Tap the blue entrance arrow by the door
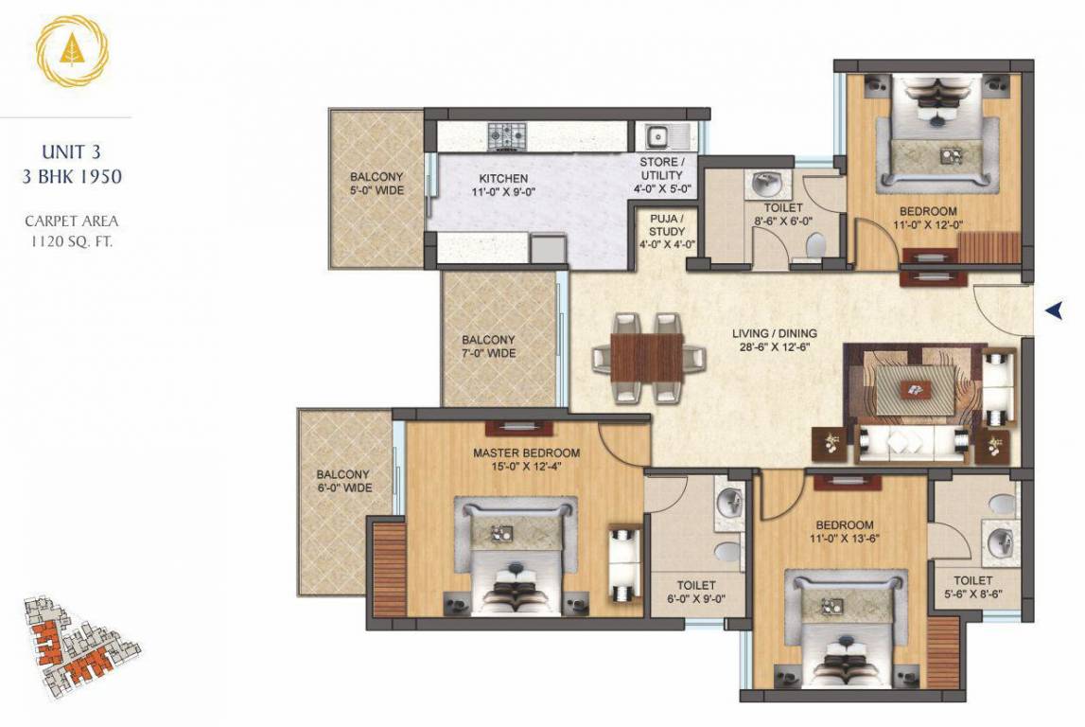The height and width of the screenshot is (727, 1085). tap(1056, 310)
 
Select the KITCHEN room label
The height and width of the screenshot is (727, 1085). tap(502, 179)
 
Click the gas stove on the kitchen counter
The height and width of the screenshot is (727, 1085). tap(507, 137)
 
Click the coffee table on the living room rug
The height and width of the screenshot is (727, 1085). tap(914, 387)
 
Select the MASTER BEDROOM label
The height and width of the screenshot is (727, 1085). tap(526, 453)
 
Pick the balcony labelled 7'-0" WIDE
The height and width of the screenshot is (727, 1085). tap(488, 346)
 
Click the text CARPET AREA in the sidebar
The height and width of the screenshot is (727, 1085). tap(72, 222)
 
